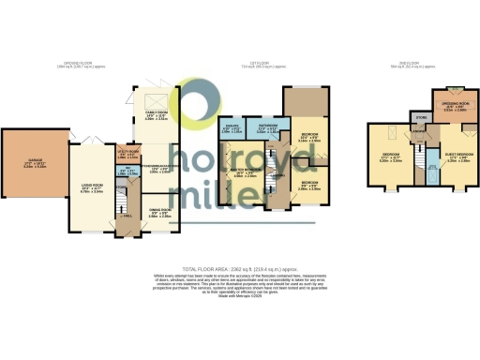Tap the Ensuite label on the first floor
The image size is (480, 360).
coord(231,129)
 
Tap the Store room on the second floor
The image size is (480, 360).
coord(423,118)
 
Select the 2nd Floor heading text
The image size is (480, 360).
coord(409,65)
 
